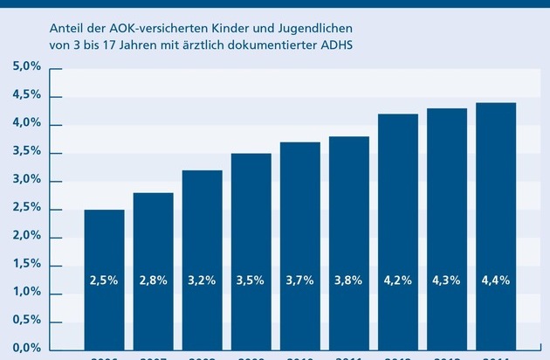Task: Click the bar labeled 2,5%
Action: pos(104,253)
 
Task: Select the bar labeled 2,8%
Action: pos(153,245)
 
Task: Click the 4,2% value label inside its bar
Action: pos(397,281)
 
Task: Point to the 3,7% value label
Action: pos(299,281)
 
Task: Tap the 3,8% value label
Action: pos(348,281)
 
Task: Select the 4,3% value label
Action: pos(446,281)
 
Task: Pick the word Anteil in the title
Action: pos(68,25)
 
